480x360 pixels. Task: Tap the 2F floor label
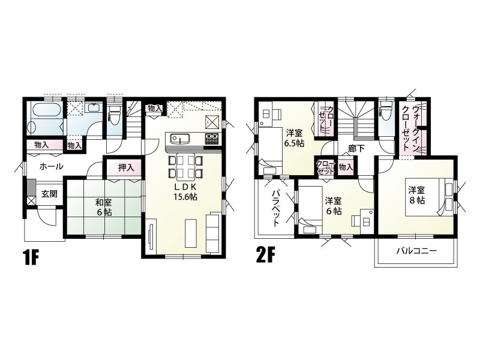[265, 256]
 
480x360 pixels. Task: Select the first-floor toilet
[115, 115]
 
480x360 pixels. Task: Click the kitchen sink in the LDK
[181, 139]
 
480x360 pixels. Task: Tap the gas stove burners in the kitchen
[212, 139]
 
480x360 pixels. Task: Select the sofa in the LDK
[213, 232]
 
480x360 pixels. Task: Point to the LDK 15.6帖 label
[185, 192]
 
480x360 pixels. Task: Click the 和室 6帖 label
[103, 208]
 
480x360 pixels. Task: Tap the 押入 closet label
[126, 167]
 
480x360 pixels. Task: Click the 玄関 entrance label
[49, 194]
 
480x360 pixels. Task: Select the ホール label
[52, 167]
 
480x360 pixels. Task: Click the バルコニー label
[416, 251]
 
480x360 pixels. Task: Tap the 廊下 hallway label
[356, 149]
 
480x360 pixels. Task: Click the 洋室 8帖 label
[416, 196]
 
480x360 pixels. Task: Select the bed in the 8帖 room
[430, 197]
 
